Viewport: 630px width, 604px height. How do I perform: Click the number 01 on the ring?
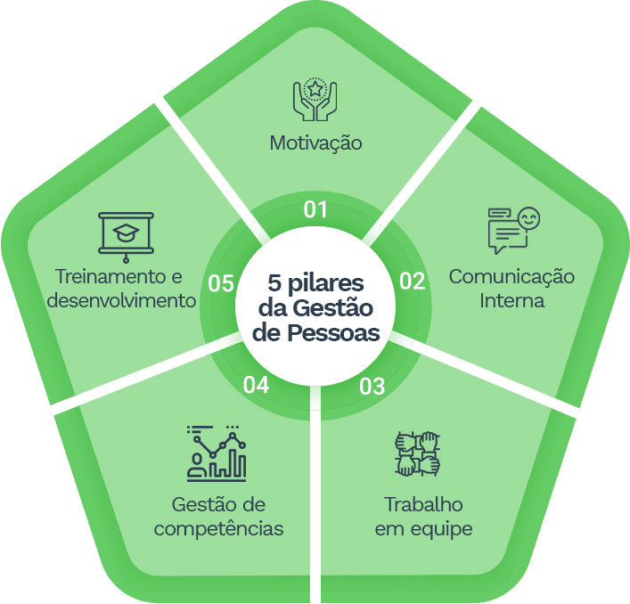pos(315,210)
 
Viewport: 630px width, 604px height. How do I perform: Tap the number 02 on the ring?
pos(411,282)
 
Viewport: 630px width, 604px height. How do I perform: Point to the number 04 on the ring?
pos(256,385)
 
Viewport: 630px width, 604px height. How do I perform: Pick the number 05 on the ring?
pos(220,283)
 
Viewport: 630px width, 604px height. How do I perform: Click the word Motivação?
pos(315,143)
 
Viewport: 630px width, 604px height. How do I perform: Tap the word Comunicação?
pos(511,276)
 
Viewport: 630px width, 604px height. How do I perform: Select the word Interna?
pos(511,300)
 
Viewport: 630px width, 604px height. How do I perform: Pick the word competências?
pos(219,528)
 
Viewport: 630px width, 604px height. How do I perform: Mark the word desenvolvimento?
pos(121,300)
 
